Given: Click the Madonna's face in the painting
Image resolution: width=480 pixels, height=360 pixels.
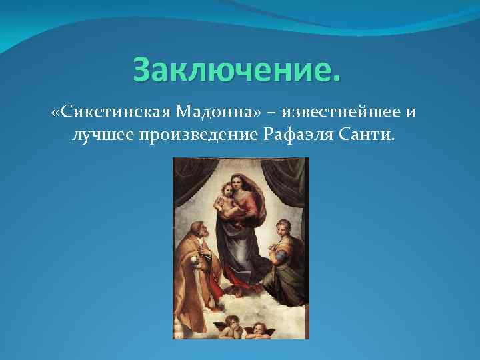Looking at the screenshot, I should click(x=239, y=182).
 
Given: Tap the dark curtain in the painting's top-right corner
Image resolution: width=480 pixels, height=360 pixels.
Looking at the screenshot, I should click(x=297, y=180).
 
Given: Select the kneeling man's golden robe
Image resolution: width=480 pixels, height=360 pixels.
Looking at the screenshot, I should click(x=194, y=267).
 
